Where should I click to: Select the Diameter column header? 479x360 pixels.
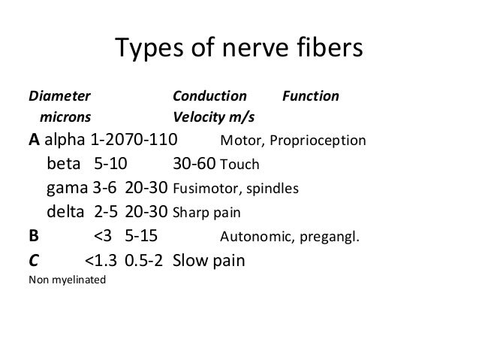coord(59,97)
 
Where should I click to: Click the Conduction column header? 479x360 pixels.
coord(209,97)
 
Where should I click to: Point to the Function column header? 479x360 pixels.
coord(310,97)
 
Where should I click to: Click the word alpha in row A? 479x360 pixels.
coord(66,141)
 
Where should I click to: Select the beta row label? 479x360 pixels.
coord(66,164)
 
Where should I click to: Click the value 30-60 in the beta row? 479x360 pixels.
coord(194,164)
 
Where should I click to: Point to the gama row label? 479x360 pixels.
coord(67,189)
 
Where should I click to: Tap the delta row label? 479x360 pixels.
coord(66,212)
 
